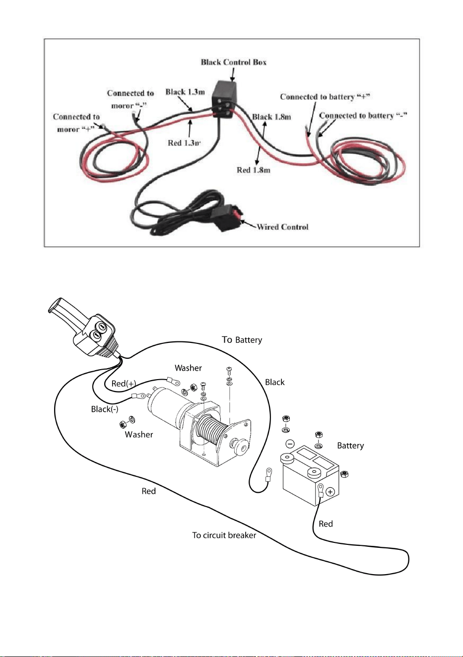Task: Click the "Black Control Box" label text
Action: click(234, 62)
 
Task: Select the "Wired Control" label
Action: click(282, 227)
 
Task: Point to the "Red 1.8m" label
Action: click(254, 170)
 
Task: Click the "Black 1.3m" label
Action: click(185, 92)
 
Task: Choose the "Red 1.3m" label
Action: click(184, 143)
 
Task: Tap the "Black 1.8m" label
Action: click(271, 117)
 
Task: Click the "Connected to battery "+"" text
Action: click(325, 97)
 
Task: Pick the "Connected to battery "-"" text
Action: click(363, 115)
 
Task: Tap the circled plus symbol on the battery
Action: click(331, 491)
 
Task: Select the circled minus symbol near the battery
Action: click(290, 444)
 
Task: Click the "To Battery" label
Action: click(242, 340)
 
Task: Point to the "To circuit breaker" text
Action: click(224, 535)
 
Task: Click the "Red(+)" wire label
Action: click(124, 384)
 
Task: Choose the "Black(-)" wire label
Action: click(105, 409)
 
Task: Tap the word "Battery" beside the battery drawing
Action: click(350, 446)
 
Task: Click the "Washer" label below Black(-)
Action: click(139, 434)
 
